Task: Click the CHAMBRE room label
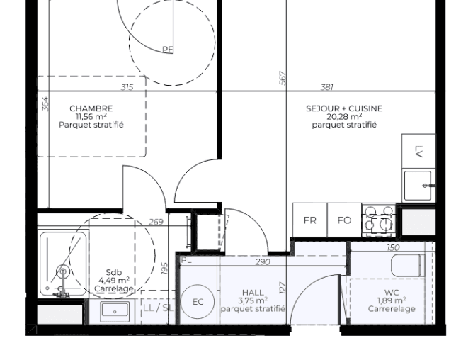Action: [91, 108]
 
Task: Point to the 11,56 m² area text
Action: [91, 117]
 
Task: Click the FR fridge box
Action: [310, 220]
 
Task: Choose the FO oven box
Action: [344, 220]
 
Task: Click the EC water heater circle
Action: [198, 302]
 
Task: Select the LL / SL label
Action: [157, 308]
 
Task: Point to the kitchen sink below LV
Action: [418, 186]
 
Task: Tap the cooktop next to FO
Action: [378, 220]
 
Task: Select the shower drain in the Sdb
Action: [62, 271]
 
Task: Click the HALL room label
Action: [253, 292]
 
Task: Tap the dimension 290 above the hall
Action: [263, 262]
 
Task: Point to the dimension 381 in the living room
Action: [327, 87]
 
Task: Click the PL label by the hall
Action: [186, 261]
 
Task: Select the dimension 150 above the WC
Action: [393, 248]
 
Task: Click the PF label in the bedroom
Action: [168, 49]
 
